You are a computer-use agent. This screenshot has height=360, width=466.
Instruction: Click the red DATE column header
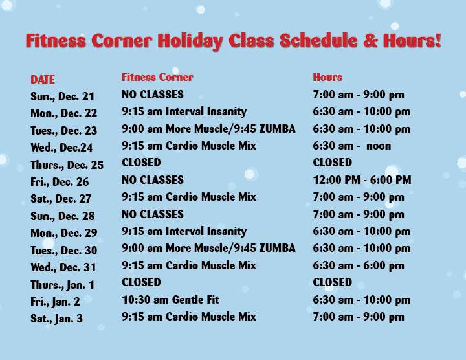click(x=43, y=80)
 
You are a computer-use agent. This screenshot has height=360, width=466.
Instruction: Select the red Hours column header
click(x=327, y=77)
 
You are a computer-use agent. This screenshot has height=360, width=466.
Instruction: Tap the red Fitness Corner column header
click(x=157, y=77)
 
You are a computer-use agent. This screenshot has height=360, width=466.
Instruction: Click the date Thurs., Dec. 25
click(x=67, y=165)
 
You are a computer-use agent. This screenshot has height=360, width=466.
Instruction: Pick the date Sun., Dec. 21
click(x=62, y=96)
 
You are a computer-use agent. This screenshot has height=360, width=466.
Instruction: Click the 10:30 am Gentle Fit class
click(x=170, y=300)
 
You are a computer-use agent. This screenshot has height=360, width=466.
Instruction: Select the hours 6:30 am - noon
click(x=351, y=146)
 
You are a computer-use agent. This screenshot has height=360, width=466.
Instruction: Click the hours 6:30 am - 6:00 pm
click(x=359, y=265)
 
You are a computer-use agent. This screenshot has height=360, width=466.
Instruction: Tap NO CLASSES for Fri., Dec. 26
click(x=153, y=180)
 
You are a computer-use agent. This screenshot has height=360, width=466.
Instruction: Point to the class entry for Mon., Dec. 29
click(x=184, y=231)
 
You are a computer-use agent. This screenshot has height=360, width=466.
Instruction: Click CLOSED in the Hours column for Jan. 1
click(x=333, y=282)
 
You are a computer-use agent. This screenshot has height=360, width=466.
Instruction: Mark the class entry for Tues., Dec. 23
click(x=208, y=129)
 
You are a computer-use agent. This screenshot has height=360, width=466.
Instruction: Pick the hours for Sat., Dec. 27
click(x=359, y=197)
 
